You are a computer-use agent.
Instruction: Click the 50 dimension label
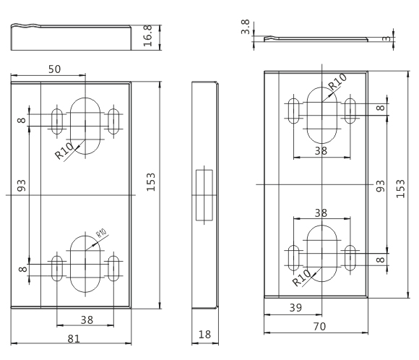coord(54,69)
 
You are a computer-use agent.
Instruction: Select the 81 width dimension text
coord(74,339)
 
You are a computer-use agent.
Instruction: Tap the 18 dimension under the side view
coord(204,334)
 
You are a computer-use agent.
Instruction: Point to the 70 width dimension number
coord(319,326)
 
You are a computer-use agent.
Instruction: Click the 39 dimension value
coord(295,308)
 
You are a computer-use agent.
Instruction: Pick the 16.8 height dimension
coord(148,35)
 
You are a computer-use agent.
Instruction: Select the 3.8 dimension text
coord(245,27)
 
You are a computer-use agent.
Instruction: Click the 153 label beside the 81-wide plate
coord(151,182)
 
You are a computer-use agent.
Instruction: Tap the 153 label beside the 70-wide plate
coord(400,189)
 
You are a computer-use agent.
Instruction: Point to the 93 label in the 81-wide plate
coord(22,185)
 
